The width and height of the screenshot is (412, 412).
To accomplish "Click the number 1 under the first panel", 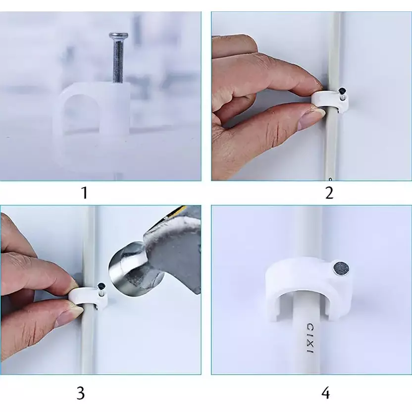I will tap(84, 192).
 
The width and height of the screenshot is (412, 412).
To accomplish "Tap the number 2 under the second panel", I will tap(329, 192).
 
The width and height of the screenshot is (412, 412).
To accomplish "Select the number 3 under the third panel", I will tap(81, 393).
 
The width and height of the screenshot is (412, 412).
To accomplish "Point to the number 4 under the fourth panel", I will tap(325, 393).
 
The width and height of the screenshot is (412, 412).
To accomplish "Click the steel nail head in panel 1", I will tap(118, 36).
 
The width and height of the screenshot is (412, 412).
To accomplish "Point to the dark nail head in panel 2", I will tap(342, 91).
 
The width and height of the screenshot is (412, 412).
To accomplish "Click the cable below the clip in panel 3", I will tap(88, 342).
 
